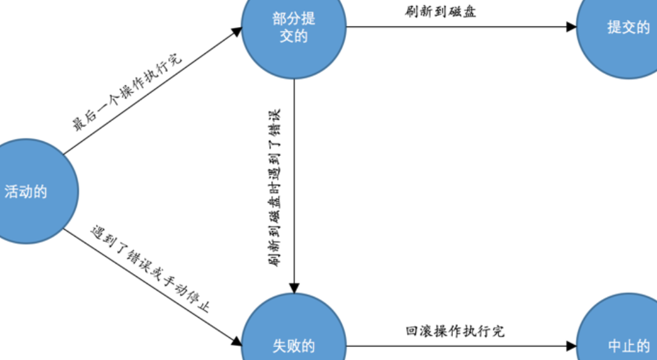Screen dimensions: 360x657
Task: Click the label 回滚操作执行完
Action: (455, 331)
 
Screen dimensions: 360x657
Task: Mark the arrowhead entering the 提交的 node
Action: (572, 27)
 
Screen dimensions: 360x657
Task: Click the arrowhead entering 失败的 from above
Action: (294, 287)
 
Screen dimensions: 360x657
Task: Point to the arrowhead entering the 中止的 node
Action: (572, 346)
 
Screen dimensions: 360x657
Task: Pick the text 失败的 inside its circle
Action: (294, 346)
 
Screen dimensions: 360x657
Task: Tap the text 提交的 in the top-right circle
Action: (628, 27)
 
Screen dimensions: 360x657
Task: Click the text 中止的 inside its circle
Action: (628, 346)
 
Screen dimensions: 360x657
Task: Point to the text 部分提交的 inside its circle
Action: (294, 27)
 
